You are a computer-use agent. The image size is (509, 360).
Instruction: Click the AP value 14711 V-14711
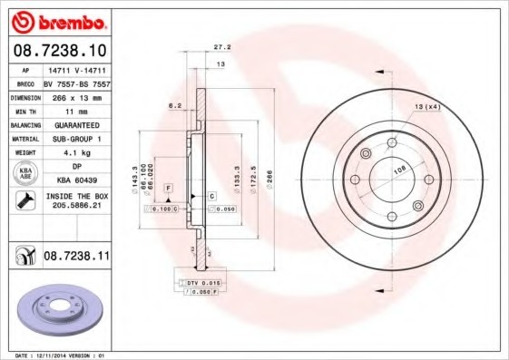click(x=76, y=69)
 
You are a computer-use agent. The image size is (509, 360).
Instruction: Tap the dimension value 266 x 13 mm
click(x=76, y=96)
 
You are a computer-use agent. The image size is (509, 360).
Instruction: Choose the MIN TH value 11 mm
click(x=76, y=110)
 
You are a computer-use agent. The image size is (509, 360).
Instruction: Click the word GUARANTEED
click(x=76, y=124)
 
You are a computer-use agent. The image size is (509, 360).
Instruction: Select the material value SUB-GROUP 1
click(x=76, y=139)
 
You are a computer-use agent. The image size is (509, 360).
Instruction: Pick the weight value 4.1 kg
click(x=76, y=152)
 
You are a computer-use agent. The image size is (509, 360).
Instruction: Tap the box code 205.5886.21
click(x=76, y=207)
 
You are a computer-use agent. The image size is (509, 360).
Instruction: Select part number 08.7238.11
click(x=76, y=258)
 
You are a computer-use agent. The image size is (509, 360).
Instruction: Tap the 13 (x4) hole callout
click(x=426, y=108)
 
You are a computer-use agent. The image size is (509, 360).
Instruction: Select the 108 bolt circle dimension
click(x=396, y=168)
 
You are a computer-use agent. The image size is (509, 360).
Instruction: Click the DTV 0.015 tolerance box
click(x=204, y=284)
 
